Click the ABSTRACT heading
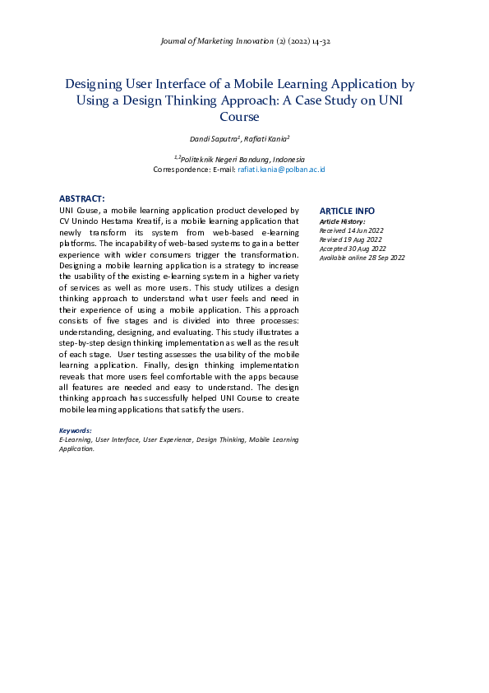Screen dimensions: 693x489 81,198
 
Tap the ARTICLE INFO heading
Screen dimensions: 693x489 347,211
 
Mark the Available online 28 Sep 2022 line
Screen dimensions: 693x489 362,258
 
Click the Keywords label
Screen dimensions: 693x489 76,430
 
